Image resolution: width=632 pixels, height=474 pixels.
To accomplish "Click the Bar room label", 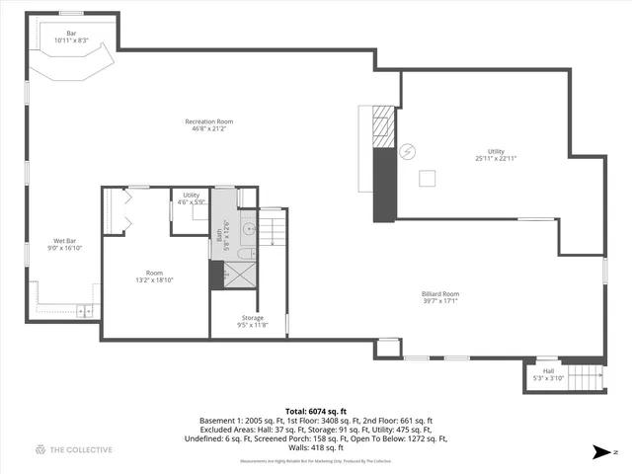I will [x=71, y=37].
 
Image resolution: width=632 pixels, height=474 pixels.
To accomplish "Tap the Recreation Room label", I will [x=208, y=125].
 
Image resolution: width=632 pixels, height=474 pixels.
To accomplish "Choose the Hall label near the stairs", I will [x=547, y=374].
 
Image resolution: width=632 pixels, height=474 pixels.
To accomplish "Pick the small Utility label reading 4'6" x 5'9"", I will [x=192, y=198].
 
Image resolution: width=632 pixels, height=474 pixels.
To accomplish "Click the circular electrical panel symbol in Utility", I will [x=407, y=152].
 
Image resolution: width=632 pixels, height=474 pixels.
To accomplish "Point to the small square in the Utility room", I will [x=428, y=177].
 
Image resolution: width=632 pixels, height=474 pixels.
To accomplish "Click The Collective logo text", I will [x=73, y=450].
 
